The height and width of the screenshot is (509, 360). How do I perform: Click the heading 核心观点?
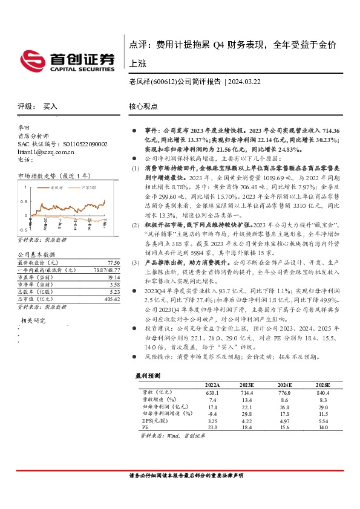(x=143, y=106)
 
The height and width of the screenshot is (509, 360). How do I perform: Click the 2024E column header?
(x=285, y=384)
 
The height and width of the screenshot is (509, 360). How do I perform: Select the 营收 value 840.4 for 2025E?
(x=324, y=392)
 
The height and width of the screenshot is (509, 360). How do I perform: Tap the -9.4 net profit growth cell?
(x=212, y=413)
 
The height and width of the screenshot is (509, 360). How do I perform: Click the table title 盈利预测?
(x=149, y=375)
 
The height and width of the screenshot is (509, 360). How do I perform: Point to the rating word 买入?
(x=50, y=106)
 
